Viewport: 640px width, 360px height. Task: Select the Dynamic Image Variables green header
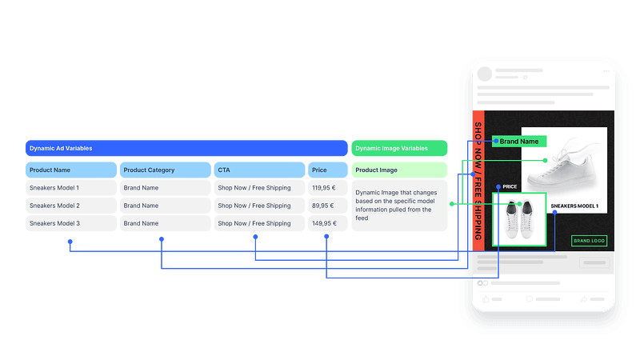tap(399, 148)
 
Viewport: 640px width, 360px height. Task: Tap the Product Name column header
tap(70, 170)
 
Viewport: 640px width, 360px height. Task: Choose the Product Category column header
tap(164, 170)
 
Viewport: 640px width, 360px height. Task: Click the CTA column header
tap(258, 170)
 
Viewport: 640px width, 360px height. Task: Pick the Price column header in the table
tap(328, 170)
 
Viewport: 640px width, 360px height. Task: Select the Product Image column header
tap(399, 170)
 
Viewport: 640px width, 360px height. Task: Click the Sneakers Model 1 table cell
tap(70, 188)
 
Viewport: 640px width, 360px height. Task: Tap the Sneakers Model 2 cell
tap(70, 206)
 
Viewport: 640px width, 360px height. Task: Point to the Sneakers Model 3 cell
tap(70, 223)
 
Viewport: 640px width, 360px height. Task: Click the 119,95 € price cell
tap(328, 188)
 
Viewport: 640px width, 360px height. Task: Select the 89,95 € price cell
tap(328, 206)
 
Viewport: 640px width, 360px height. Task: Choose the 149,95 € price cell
tap(328, 223)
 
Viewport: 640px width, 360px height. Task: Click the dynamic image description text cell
tap(399, 206)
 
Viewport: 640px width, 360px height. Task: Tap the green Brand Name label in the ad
tap(520, 142)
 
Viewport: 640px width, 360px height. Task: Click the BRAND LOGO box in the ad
tap(589, 240)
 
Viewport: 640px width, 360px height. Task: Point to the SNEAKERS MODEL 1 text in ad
tap(574, 206)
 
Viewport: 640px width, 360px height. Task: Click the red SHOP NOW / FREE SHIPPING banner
tap(478, 181)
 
